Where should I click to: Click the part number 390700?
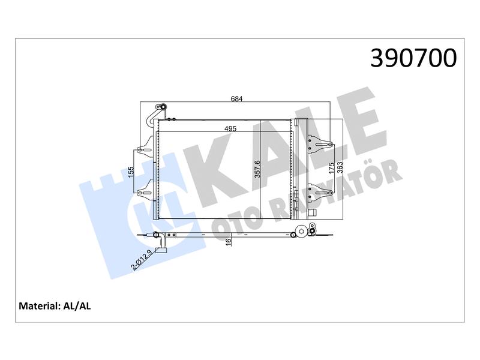(413, 58)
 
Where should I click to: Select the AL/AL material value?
(77, 306)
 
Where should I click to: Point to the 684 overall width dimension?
(236, 98)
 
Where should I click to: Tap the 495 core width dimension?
(230, 128)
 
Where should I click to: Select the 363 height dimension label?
(340, 168)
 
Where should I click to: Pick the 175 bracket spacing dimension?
(332, 169)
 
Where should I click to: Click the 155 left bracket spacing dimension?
(131, 172)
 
